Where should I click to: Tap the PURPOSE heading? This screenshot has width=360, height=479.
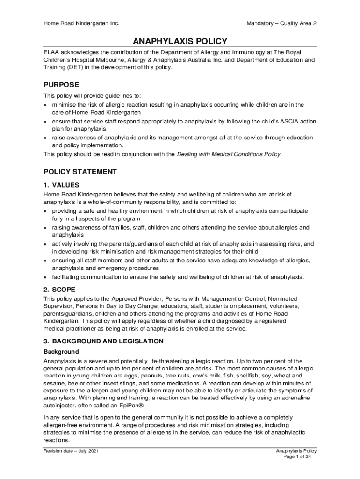click(61, 85)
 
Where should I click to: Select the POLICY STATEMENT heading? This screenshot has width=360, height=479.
click(80, 172)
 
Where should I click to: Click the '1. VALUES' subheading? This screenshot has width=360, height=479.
click(61, 185)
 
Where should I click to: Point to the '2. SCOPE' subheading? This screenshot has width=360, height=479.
click(59, 289)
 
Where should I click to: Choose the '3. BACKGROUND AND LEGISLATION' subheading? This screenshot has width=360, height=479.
click(103, 341)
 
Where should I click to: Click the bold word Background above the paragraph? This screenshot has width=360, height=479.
click(61, 352)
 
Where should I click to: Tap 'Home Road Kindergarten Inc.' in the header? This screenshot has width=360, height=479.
click(81, 23)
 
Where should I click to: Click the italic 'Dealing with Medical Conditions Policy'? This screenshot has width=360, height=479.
click(229, 154)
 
